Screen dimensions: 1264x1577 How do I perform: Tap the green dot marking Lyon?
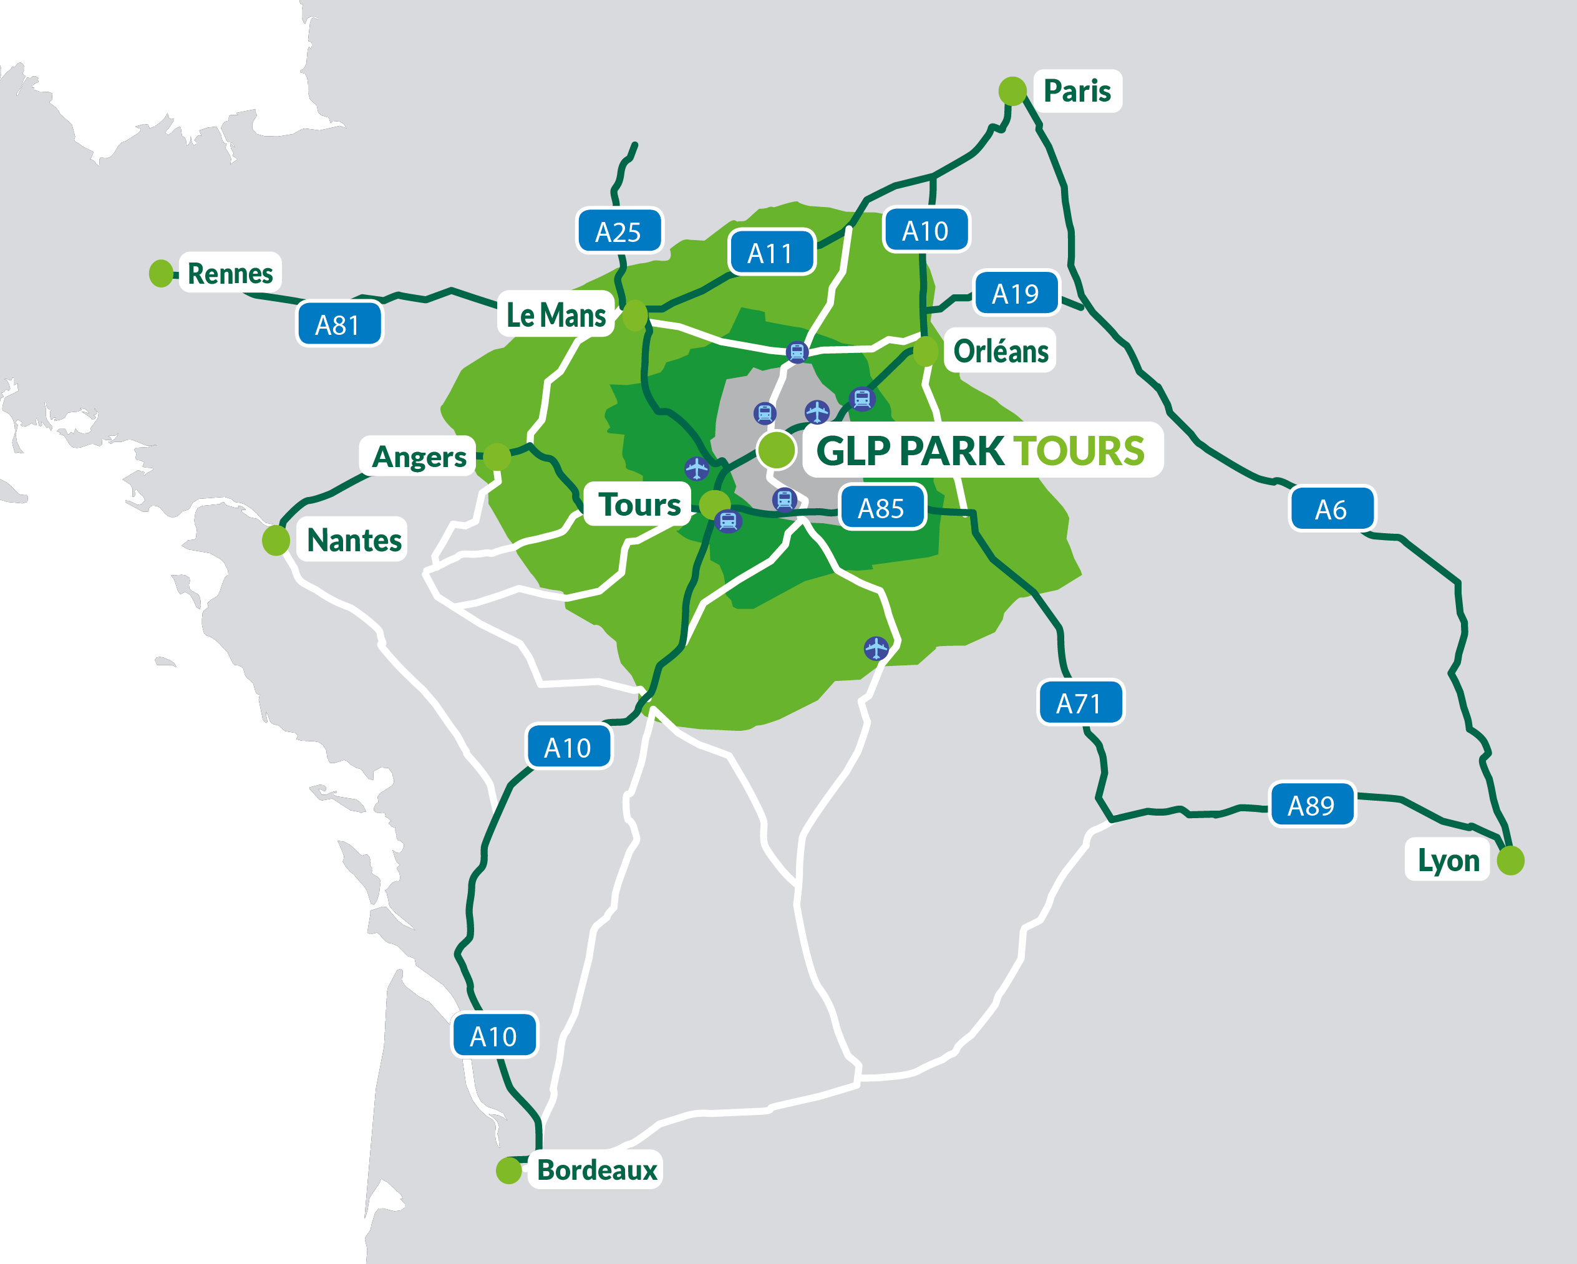pos(1510,861)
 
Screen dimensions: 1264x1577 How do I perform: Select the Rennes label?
pos(230,273)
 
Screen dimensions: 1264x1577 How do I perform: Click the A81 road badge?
pos(339,324)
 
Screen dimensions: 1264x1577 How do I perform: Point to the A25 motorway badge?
pos(619,231)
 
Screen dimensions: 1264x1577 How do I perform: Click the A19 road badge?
pos(1016,293)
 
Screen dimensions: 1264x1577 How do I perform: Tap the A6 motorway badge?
pos(1331,509)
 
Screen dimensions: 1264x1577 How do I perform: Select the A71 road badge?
pos(1080,703)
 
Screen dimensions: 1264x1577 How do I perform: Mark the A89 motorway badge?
pos(1311,805)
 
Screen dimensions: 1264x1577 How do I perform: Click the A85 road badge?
pos(881,508)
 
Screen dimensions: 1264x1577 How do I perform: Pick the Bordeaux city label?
pos(596,1170)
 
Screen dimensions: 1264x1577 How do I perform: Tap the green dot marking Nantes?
pos(276,540)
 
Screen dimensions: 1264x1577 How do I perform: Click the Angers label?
pos(419,456)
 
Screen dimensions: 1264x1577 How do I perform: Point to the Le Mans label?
pos(556,314)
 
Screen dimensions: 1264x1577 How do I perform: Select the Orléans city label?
pos(1001,351)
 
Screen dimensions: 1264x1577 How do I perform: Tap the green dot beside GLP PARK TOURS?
pos(776,449)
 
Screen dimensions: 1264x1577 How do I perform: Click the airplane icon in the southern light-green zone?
pos(876,648)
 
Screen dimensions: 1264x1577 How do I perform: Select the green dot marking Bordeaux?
pos(508,1170)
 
